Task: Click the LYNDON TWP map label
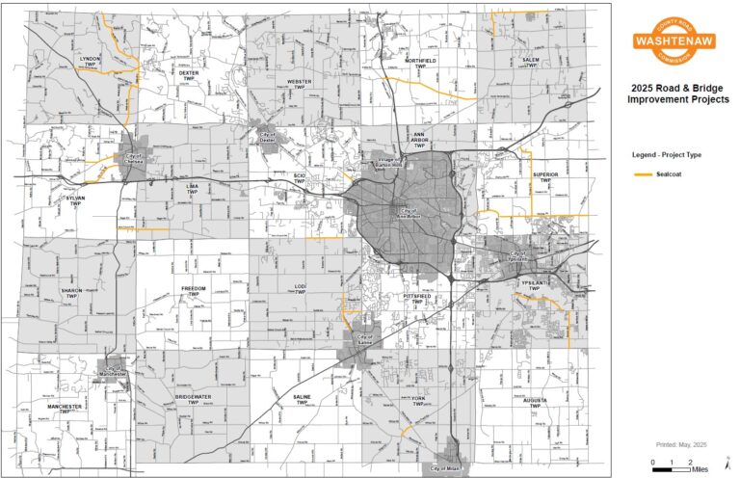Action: (x=89, y=61)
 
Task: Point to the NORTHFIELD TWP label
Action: (x=420, y=64)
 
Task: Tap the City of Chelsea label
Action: (x=133, y=161)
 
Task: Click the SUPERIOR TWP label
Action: (x=545, y=177)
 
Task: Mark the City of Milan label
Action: (x=447, y=468)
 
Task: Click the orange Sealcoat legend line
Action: (x=641, y=174)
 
